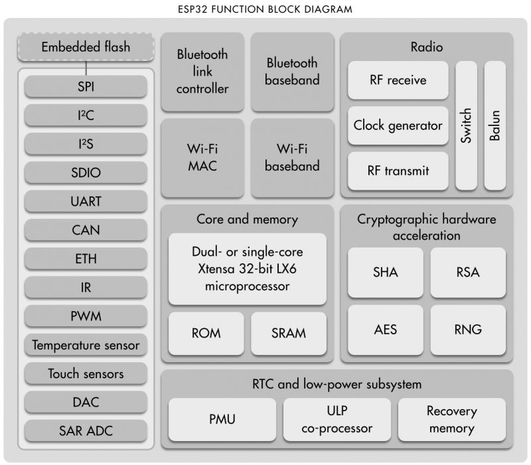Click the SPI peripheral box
[x=86, y=86]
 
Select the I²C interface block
[x=86, y=115]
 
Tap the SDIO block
[x=86, y=172]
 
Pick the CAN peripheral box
[x=86, y=230]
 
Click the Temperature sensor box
[x=86, y=345]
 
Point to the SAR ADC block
[x=86, y=431]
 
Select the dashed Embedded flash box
[x=86, y=46]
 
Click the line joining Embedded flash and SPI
[x=86, y=68]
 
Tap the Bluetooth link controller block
[x=202, y=72]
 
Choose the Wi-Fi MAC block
[x=202, y=157]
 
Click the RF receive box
[x=398, y=80]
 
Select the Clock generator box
[x=398, y=125]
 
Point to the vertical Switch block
[x=467, y=125]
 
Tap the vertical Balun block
[x=494, y=125]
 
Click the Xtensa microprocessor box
[x=247, y=269]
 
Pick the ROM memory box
[x=206, y=334]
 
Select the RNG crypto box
[x=468, y=330]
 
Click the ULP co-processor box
[x=337, y=419]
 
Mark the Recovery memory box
[x=452, y=419]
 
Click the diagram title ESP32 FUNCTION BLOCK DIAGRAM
[x=265, y=9]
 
